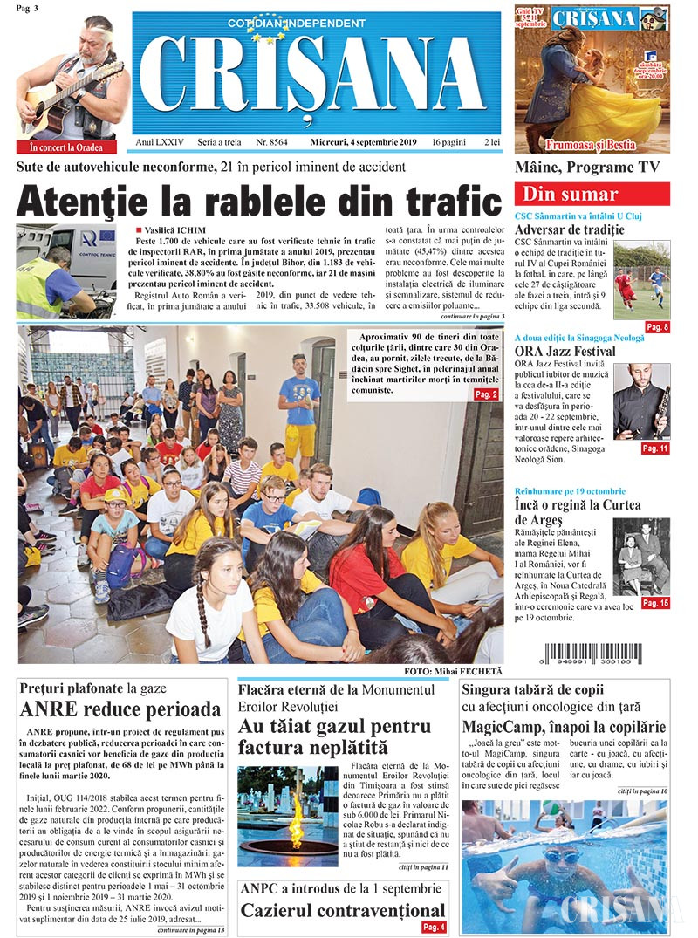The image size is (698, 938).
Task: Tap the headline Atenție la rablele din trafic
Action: (x=259, y=201)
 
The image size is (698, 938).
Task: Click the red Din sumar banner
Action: (x=592, y=194)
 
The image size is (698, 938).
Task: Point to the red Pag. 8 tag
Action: (x=657, y=327)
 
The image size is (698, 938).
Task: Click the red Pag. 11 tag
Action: (x=655, y=448)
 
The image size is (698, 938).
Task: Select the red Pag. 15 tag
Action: (x=655, y=603)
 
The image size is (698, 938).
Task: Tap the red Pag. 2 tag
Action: (x=486, y=394)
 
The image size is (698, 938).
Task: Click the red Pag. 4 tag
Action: (x=434, y=927)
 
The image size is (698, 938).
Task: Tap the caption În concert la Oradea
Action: (x=65, y=147)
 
